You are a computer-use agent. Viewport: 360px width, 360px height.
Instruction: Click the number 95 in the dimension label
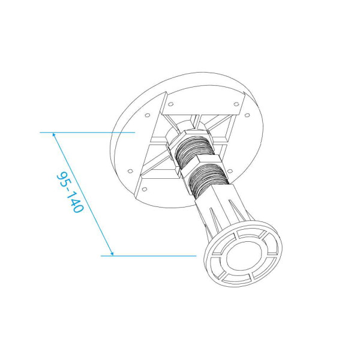[62, 180]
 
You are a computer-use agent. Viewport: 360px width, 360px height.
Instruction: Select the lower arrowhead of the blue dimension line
[111, 252]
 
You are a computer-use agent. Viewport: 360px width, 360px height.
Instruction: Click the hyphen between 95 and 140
[68, 191]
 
